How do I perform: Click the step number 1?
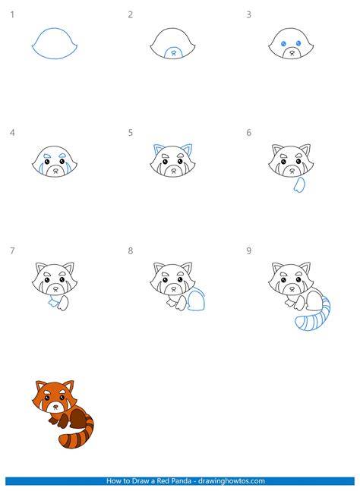point(12,14)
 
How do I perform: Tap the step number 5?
point(131,133)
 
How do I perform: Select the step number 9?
point(248,250)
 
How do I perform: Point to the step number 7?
point(12,250)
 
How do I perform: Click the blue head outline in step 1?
point(55,29)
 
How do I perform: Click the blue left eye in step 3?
point(283,43)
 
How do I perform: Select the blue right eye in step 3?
point(298,43)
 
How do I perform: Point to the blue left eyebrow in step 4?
point(47,156)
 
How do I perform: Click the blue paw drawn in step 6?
point(299,184)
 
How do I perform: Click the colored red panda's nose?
point(55,407)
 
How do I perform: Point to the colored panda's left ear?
point(40,386)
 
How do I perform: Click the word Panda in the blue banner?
point(183,480)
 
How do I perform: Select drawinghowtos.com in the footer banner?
point(232,480)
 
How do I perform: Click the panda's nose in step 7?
point(55,288)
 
